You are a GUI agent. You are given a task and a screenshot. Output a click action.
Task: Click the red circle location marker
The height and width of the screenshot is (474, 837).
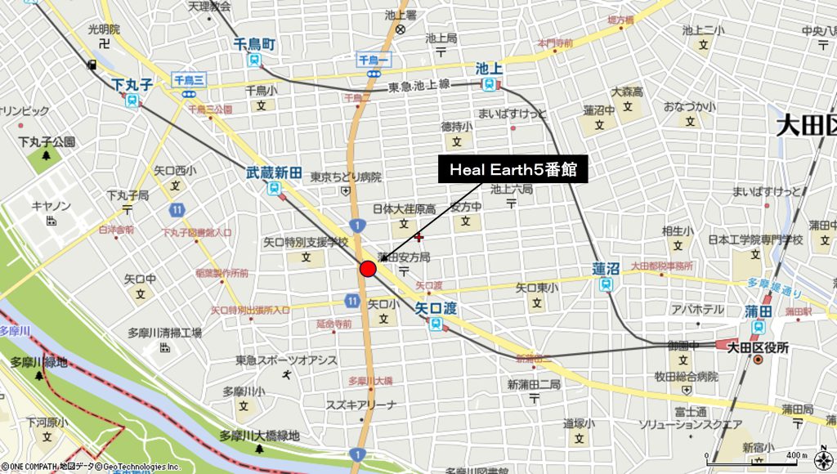coord(368,269)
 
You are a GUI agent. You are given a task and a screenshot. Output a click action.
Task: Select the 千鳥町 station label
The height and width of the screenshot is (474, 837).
coord(254,44)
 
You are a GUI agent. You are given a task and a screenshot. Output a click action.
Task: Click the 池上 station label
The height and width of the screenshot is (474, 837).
coord(488,69)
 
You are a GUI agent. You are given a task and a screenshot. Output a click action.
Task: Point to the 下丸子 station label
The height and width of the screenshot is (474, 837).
coord(132,84)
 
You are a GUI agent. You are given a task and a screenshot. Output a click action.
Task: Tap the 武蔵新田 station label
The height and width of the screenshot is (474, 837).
coord(274,173)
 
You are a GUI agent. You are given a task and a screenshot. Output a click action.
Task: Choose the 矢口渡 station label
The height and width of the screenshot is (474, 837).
coord(435,309)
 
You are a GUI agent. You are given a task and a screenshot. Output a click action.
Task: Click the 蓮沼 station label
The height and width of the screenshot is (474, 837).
coord(606,269)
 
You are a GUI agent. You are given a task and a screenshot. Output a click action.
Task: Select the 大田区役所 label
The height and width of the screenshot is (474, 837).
coord(758,347)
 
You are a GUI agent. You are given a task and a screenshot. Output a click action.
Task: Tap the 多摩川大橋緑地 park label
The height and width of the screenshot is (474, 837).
coord(259,436)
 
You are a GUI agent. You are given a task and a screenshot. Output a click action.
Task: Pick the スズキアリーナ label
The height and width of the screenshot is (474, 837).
coord(361,405)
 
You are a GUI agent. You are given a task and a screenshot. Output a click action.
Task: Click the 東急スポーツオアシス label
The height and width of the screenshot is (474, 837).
coord(286,360)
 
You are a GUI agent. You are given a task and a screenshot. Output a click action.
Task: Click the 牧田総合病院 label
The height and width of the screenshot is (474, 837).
coord(685,377)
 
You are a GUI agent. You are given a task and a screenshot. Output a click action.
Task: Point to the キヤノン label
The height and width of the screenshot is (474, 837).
coord(51,206)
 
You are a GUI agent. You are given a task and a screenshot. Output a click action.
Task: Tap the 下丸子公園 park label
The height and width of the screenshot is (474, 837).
coord(47,142)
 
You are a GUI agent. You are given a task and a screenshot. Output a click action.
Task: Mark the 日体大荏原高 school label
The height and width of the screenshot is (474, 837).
coord(405,209)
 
